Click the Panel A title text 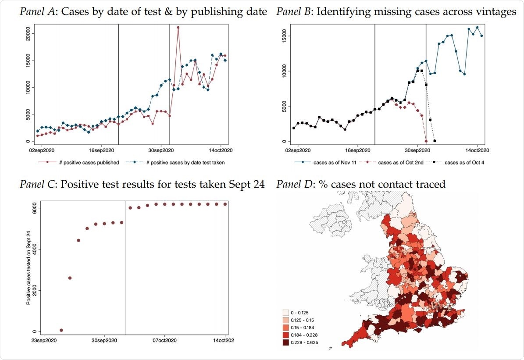click(x=143, y=12)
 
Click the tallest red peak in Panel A click(x=178, y=28)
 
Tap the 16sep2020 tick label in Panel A click(x=102, y=150)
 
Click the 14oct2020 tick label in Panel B click(x=477, y=150)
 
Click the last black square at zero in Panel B click(x=435, y=141)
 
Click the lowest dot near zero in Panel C click(x=61, y=330)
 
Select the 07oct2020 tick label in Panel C click(x=164, y=340)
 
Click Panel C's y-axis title click(x=29, y=267)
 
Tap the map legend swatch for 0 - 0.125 click(x=286, y=313)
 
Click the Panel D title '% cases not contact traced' click(x=360, y=184)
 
